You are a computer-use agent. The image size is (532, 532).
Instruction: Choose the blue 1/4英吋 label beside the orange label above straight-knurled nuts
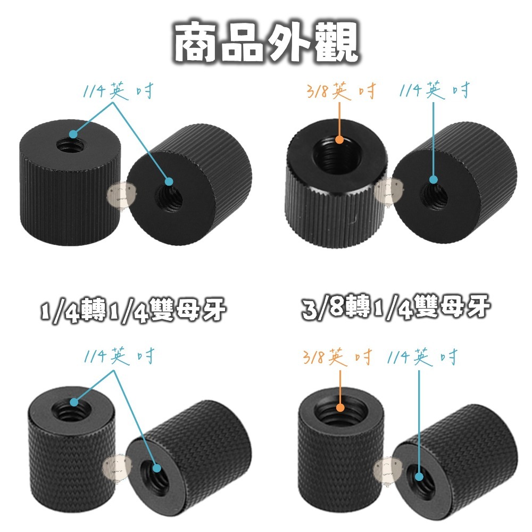[435, 91]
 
